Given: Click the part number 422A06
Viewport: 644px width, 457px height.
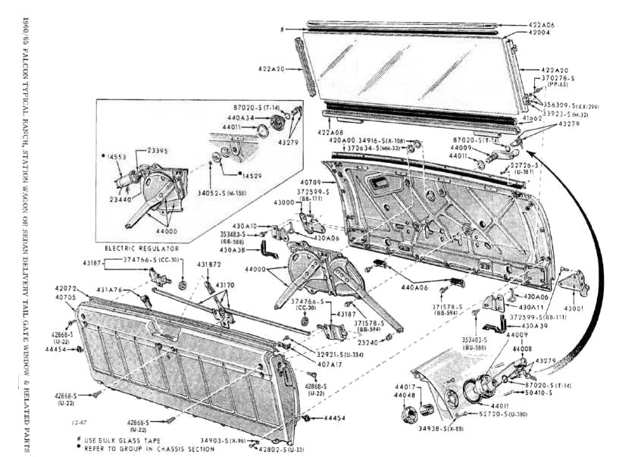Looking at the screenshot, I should (x=541, y=25).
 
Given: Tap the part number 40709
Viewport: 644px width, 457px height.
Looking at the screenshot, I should (x=309, y=183).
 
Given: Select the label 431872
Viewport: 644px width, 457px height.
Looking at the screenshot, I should (x=209, y=264).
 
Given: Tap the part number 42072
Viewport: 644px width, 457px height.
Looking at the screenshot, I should (x=66, y=289).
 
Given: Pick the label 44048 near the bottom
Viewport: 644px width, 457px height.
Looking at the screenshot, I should (x=404, y=395).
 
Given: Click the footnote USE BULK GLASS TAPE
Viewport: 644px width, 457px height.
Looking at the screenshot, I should (x=122, y=439).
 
